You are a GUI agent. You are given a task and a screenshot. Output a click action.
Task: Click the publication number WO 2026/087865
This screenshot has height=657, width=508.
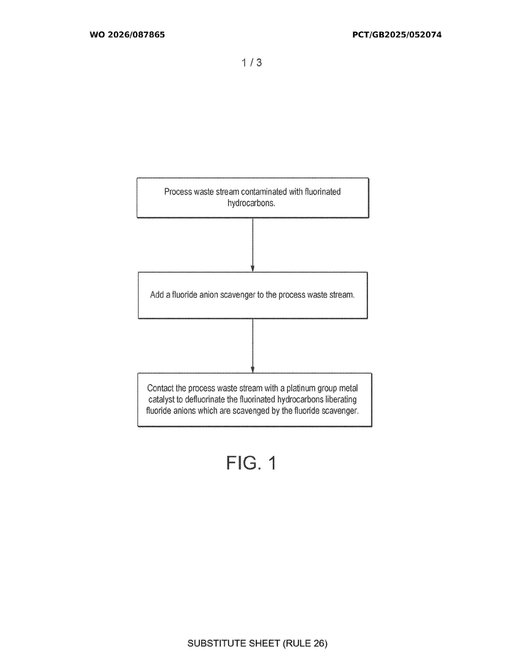click(127, 35)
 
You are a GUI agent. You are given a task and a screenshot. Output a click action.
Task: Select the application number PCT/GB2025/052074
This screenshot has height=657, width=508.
click(397, 35)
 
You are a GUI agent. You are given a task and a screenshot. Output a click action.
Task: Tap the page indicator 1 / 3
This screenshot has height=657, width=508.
click(252, 63)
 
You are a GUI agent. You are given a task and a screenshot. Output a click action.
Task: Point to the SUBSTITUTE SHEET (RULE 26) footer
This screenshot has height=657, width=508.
click(257, 643)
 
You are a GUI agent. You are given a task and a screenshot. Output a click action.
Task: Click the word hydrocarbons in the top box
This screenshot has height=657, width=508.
click(251, 203)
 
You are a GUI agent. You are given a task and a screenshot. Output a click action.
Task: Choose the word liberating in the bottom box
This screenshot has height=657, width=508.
click(341, 400)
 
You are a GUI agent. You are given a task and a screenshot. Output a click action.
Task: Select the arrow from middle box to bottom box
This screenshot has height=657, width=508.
click(252, 346)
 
